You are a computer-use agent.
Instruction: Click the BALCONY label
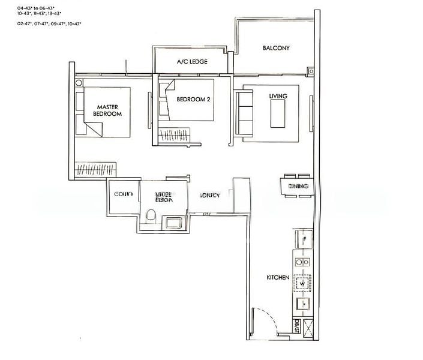[x=277, y=48]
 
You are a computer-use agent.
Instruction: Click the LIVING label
[x=278, y=96]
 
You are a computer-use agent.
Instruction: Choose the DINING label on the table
[x=298, y=187]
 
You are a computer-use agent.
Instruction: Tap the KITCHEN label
[x=278, y=278]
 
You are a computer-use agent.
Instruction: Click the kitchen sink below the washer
[x=304, y=304]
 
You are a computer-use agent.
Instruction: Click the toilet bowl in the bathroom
[x=152, y=216]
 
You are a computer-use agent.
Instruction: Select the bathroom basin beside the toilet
[x=174, y=223]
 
